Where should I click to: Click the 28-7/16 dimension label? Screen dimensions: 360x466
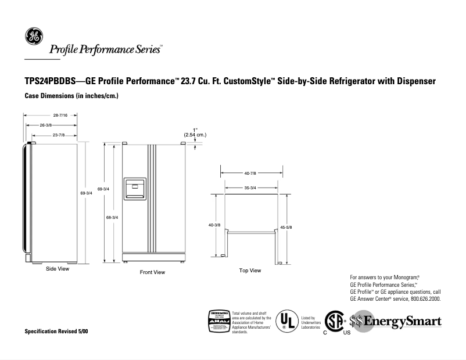pyautogui.click(x=51, y=116)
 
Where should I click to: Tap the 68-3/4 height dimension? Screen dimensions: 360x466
pyautogui.click(x=112, y=217)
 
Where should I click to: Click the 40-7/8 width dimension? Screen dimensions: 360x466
pyautogui.click(x=251, y=173)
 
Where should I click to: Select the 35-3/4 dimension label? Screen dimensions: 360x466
pyautogui.click(x=250, y=188)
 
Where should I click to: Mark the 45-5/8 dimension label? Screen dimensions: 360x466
pyautogui.click(x=286, y=227)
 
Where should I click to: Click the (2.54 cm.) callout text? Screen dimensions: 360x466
pyautogui.click(x=195, y=135)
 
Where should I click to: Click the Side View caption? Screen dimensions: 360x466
pyautogui.click(x=58, y=269)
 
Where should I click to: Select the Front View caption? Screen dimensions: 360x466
pyautogui.click(x=152, y=272)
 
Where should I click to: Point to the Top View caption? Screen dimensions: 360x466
pyautogui.click(x=250, y=271)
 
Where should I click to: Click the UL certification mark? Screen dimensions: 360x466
pyautogui.click(x=285, y=321)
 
